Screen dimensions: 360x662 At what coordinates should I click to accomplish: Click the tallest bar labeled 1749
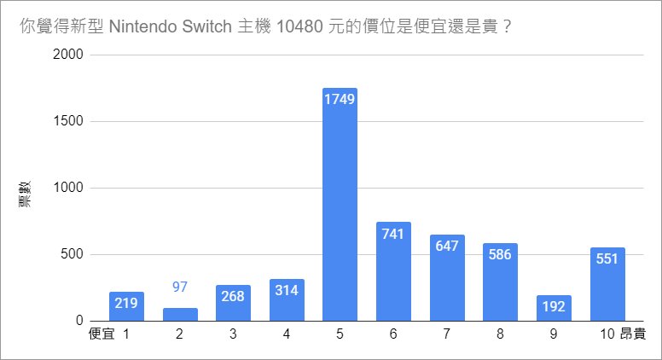point(340,205)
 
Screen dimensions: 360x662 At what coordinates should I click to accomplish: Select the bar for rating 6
point(393,271)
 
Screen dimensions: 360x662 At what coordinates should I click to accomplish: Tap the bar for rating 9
point(554,308)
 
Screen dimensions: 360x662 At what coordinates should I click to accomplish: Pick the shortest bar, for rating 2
point(180,314)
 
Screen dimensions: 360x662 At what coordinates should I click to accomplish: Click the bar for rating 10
point(607,284)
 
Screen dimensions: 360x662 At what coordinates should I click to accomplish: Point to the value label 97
point(180,287)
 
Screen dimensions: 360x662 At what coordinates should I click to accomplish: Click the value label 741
point(393,234)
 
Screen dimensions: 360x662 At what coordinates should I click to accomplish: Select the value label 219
point(126,304)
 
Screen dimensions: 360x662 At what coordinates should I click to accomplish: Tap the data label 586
point(500,255)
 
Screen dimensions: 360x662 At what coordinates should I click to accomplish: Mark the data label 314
point(287,291)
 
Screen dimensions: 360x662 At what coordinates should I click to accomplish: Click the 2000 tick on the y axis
point(68,55)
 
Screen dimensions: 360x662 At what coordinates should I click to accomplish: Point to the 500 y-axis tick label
point(72,254)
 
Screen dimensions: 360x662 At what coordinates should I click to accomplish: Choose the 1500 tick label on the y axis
point(68,121)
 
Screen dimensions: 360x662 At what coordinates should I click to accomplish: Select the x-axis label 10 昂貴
point(621,334)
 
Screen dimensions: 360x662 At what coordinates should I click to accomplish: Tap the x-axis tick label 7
point(446,334)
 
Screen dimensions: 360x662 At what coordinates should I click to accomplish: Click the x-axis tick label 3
point(233,334)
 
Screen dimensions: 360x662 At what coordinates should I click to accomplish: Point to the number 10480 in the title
point(298,26)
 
